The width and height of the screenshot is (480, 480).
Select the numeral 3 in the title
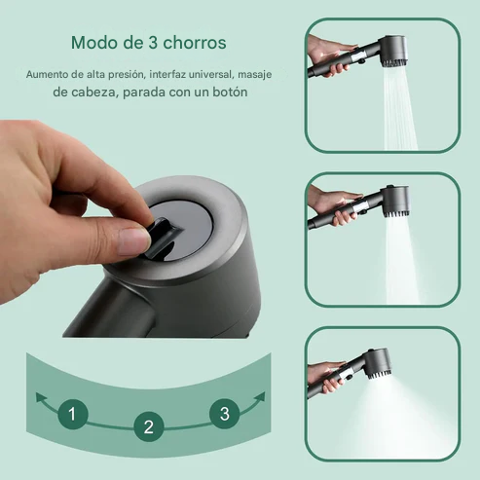coord(155,44)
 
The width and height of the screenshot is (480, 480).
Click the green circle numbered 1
coord(71,414)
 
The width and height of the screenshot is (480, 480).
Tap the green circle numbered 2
coord(148,426)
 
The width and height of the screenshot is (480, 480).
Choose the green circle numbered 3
coord(224,414)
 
